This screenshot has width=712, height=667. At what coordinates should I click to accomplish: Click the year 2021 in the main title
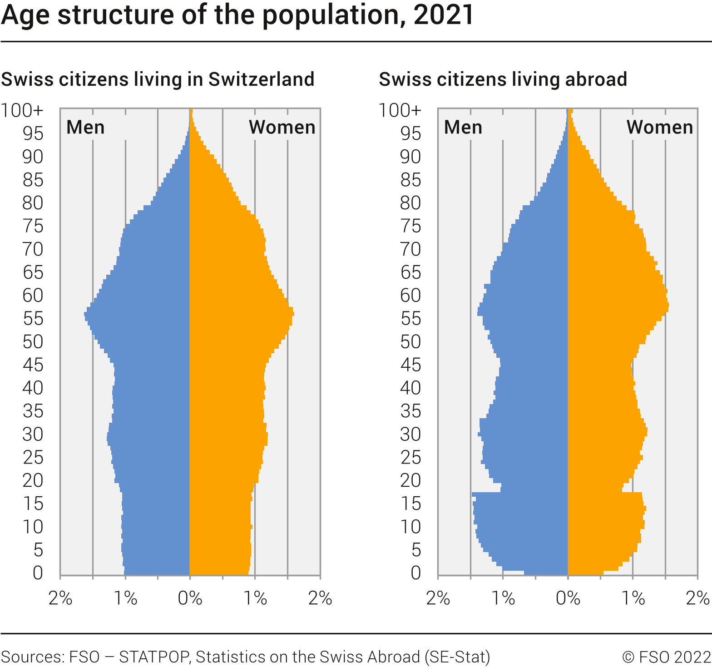click(x=443, y=15)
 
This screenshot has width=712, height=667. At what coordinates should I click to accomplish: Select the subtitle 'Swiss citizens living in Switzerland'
click(x=158, y=79)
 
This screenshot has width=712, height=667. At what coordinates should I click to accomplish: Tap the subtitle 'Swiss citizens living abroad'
click(x=503, y=79)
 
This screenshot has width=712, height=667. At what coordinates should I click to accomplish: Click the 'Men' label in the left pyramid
click(x=85, y=128)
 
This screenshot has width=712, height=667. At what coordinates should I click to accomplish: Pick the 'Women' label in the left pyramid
click(x=282, y=128)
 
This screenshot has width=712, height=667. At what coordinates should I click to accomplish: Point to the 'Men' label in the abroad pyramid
click(x=463, y=128)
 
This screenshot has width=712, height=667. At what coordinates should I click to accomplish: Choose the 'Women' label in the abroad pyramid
click(x=659, y=128)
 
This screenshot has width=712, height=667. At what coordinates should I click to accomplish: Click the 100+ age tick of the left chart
click(x=22, y=110)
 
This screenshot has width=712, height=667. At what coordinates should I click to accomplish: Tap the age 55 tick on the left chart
click(x=33, y=319)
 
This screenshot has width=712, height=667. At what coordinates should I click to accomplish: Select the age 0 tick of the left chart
click(x=38, y=573)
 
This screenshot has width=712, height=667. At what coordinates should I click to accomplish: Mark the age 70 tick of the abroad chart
click(x=410, y=249)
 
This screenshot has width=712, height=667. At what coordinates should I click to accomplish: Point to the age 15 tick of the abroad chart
click(x=410, y=504)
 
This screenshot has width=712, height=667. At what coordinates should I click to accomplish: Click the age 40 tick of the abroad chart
click(x=410, y=388)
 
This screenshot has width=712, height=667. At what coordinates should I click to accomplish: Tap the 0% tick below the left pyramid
click(x=190, y=598)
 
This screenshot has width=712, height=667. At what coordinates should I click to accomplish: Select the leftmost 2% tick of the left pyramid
click(x=60, y=598)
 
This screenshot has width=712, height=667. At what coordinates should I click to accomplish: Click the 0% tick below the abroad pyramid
click(x=568, y=598)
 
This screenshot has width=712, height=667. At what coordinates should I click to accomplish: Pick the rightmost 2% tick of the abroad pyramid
click(x=697, y=598)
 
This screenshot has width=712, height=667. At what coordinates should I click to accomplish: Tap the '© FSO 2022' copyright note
click(x=666, y=657)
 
